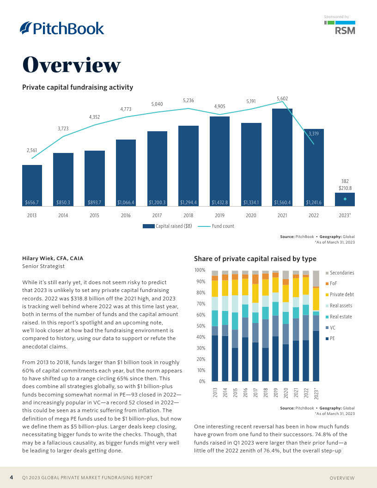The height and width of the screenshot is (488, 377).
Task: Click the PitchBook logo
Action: click(62, 28)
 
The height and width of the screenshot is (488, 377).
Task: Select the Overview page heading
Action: click(72, 65)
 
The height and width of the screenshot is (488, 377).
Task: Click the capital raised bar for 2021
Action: click(282, 157)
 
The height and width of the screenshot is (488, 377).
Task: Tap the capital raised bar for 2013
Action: click(32, 185)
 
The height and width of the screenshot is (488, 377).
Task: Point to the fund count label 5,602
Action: click(282, 98)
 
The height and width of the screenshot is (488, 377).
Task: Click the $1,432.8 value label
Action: click(219, 202)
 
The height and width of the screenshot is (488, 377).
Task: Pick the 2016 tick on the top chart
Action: click(126, 215)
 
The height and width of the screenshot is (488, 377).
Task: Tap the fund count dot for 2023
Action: click(345, 199)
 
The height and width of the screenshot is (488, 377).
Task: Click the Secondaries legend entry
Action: click(341, 273)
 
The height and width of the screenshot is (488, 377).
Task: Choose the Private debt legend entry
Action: click(341, 294)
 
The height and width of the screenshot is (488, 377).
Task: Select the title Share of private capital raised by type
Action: click(255, 259)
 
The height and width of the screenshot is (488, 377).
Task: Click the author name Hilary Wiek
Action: click(53, 258)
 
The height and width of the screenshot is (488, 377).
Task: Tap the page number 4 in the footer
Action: click(12, 477)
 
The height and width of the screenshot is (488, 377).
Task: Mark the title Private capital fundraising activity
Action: click(78, 87)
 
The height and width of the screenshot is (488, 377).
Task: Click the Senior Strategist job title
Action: click(43, 266)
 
